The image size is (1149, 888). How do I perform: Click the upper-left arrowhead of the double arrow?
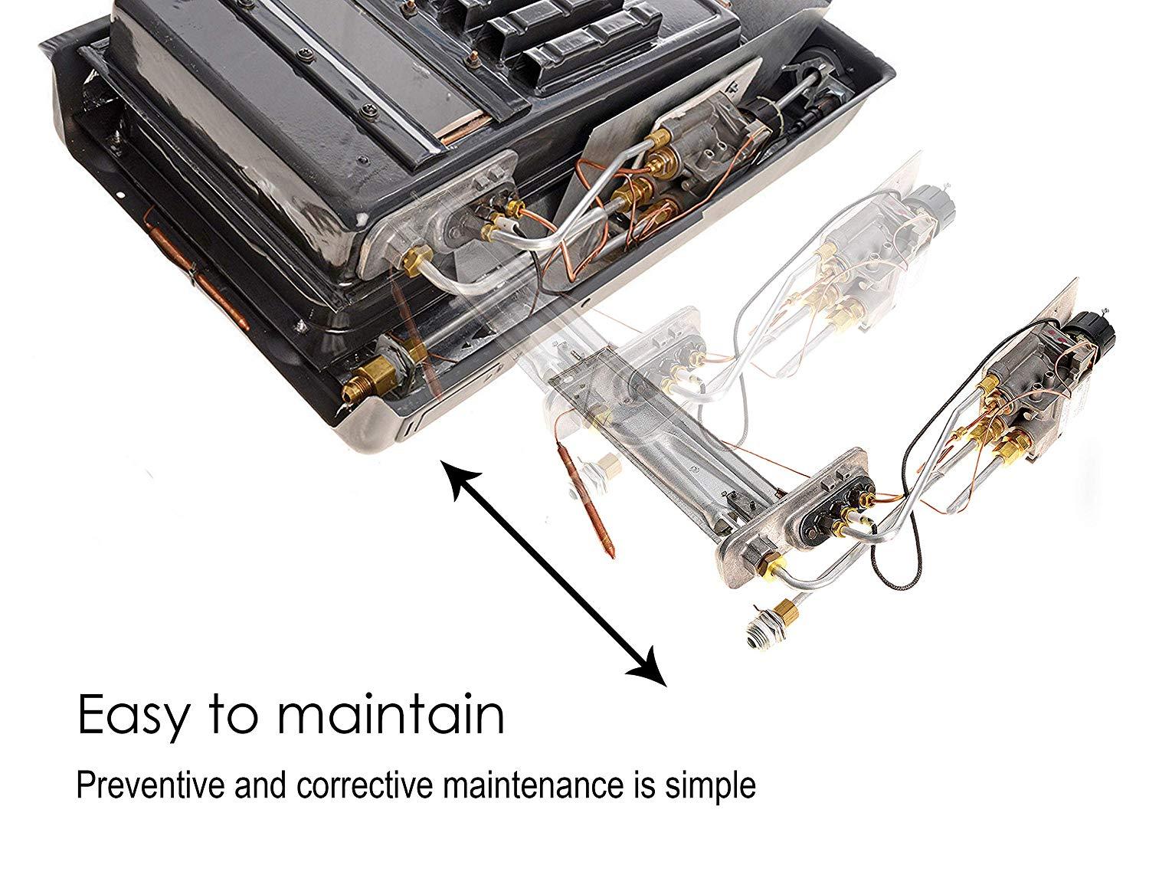point(459,479)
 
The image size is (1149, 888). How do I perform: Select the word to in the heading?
point(233,714)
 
